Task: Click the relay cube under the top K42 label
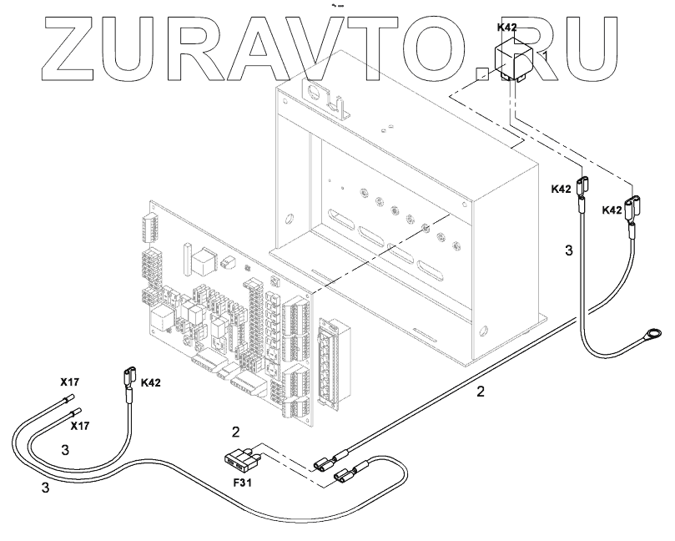pyautogui.click(x=510, y=60)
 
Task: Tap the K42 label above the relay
pyautogui.click(x=506, y=28)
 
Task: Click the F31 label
pyautogui.click(x=242, y=483)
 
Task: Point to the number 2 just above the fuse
pyautogui.click(x=236, y=432)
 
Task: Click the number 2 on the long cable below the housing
pyautogui.click(x=480, y=390)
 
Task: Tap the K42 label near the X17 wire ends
pyautogui.click(x=151, y=382)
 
